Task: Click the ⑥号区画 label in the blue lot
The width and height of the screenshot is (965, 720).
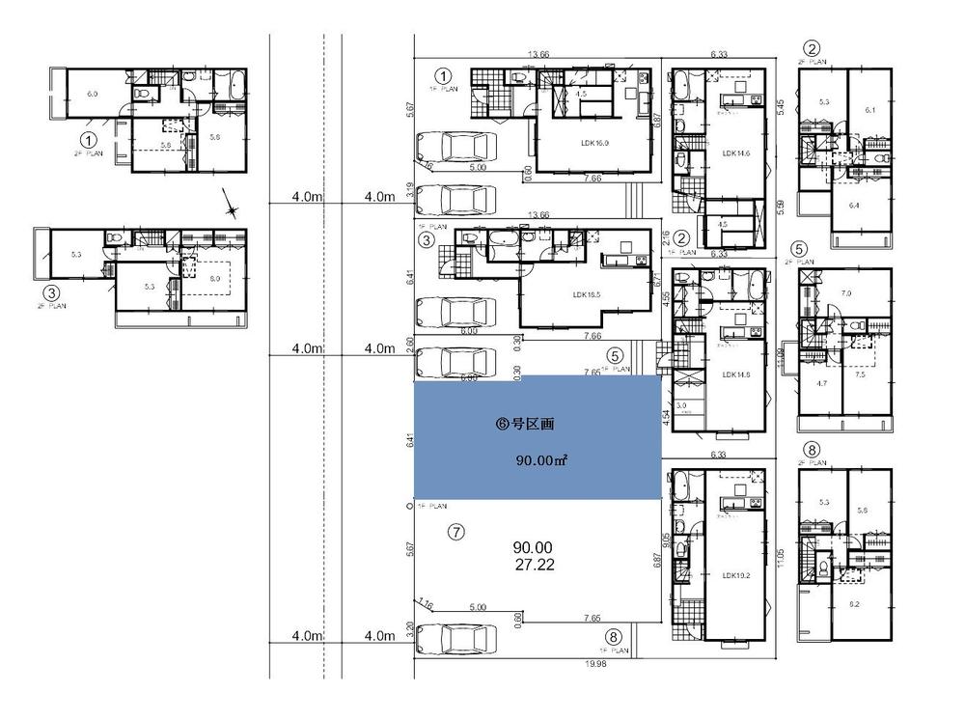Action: click(525, 423)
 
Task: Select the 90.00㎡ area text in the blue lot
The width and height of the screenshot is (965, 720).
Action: click(539, 460)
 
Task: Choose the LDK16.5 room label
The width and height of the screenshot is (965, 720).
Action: click(588, 294)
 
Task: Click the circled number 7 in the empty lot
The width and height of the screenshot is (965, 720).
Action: click(457, 530)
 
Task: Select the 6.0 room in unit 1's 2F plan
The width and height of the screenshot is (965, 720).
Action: click(94, 94)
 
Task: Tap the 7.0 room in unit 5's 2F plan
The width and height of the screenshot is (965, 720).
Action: click(847, 291)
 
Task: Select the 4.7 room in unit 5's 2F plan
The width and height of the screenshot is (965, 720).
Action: click(821, 382)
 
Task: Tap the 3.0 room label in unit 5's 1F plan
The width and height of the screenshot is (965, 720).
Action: click(681, 406)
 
